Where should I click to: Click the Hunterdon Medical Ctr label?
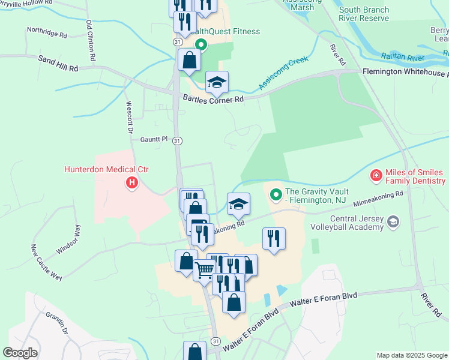point(106,170)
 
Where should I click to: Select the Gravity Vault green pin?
point(276,194)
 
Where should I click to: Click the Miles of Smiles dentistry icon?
point(375,175)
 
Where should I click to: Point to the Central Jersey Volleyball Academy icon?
point(393,222)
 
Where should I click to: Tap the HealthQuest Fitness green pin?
point(201,44)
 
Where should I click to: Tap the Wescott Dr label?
point(128,117)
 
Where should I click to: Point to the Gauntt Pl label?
point(154,139)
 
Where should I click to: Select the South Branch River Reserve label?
point(364,14)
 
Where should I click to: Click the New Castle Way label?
point(46,262)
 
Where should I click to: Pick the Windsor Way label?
point(76,240)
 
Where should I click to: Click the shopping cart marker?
point(204,272)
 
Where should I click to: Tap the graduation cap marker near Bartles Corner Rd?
point(217,82)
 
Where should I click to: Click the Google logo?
point(20,353)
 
